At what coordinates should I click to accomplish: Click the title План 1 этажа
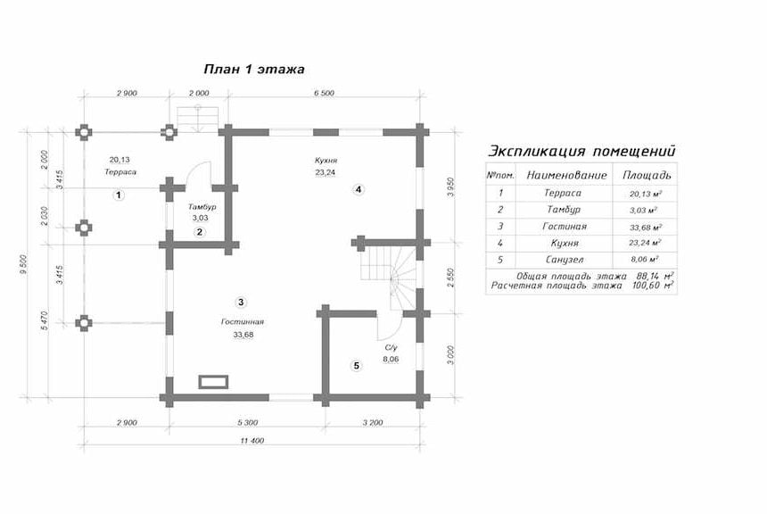[x=254, y=69]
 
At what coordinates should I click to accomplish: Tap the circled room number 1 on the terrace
[x=119, y=195]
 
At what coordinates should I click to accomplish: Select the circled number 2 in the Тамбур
[x=200, y=232]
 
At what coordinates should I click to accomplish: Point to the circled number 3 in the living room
[x=241, y=302]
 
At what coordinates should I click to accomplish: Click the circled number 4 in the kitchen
[x=359, y=189]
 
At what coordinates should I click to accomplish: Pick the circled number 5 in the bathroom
[x=357, y=366]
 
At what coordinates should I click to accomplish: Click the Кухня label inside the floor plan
[x=326, y=160]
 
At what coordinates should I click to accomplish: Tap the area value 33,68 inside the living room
[x=243, y=335]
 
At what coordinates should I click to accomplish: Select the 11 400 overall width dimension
[x=252, y=441]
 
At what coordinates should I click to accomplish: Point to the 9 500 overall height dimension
[x=23, y=264]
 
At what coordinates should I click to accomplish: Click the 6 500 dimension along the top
[x=324, y=93]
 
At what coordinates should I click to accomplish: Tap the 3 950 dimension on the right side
[x=451, y=187]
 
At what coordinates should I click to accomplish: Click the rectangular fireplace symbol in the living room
[x=213, y=382]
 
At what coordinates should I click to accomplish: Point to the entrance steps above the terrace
[x=198, y=119]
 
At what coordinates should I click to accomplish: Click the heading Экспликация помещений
[x=582, y=151]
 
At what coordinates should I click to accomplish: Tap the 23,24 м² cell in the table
[x=645, y=243]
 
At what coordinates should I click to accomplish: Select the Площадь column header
[x=647, y=175]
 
